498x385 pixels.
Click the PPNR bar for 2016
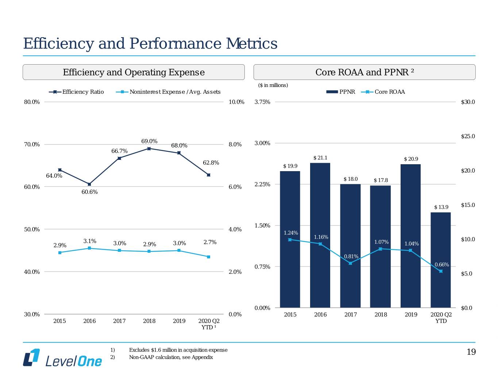320,235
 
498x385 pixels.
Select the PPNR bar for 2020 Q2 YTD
440,260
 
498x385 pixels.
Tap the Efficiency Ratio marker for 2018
149,149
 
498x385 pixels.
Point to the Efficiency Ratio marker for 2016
89,184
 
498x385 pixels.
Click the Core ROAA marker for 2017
350,263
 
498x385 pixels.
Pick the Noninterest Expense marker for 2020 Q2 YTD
208,257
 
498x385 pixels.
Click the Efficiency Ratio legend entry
76,92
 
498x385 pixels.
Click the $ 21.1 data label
320,158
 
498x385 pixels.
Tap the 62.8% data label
211,163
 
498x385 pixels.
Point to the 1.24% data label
291,233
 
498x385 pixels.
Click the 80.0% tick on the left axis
32,102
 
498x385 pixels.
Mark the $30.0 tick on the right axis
468,102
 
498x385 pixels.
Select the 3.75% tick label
262,102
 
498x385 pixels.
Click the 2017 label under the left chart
119,321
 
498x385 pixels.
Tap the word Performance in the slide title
175,44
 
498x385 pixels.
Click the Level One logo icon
31,357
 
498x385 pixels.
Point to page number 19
471,352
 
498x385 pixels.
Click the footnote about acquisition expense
178,350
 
